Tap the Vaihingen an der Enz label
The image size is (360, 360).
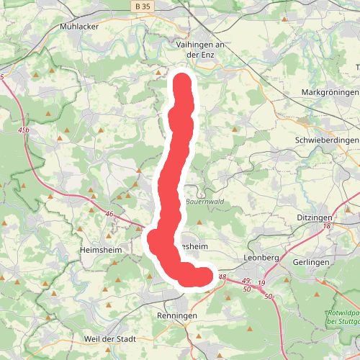(x=202, y=48)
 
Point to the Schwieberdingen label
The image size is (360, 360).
(x=327, y=140)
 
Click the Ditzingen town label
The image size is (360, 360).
(x=314, y=217)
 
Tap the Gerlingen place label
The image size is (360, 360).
(x=311, y=262)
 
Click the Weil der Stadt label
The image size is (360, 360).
(x=110, y=339)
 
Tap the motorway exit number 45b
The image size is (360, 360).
(x=25, y=130)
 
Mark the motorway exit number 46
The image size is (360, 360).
(x=109, y=214)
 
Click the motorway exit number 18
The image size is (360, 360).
(x=327, y=227)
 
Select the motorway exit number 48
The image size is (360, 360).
(x=222, y=277)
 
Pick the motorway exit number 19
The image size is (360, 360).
(x=261, y=284)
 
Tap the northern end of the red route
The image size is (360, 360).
(x=181, y=81)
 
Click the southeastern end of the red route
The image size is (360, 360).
(x=206, y=276)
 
